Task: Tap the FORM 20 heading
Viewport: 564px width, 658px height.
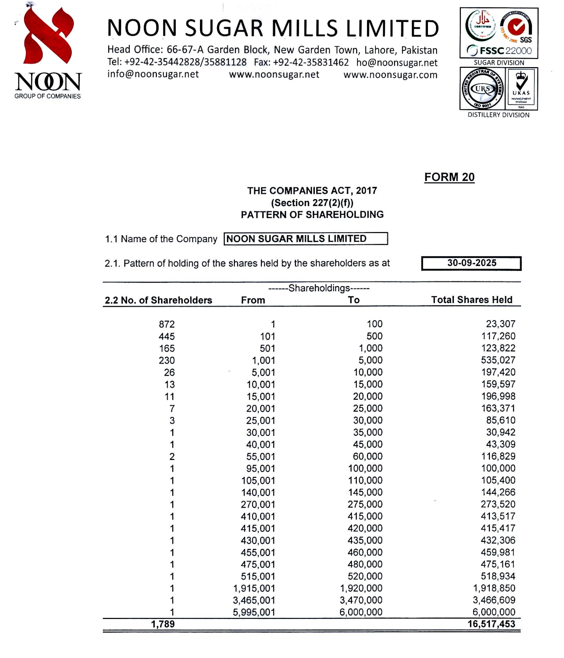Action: click(x=449, y=177)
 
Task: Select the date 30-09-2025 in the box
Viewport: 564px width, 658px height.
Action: click(x=471, y=263)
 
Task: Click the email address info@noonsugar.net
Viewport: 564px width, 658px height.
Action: click(x=153, y=74)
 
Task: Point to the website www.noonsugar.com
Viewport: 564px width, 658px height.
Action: click(x=390, y=75)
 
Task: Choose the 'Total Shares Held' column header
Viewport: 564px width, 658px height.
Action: click(x=471, y=300)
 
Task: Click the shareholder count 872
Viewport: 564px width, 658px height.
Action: click(x=167, y=324)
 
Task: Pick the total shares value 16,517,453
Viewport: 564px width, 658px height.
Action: click(x=491, y=624)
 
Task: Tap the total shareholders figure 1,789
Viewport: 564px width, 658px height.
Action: click(x=163, y=624)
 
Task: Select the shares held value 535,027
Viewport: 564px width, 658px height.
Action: click(x=498, y=360)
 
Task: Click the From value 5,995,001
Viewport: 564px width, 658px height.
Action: click(x=254, y=612)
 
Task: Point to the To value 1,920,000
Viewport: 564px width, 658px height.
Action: click(x=361, y=588)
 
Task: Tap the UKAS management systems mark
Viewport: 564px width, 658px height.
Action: click(x=521, y=89)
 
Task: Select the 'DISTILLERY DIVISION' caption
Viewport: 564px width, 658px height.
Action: click(x=498, y=115)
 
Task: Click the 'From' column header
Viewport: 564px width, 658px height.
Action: click(x=253, y=300)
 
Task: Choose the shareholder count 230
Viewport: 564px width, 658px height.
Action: click(x=167, y=360)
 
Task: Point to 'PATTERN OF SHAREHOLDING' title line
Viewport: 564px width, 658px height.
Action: click(x=312, y=214)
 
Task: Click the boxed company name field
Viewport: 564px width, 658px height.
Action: click(x=305, y=239)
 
